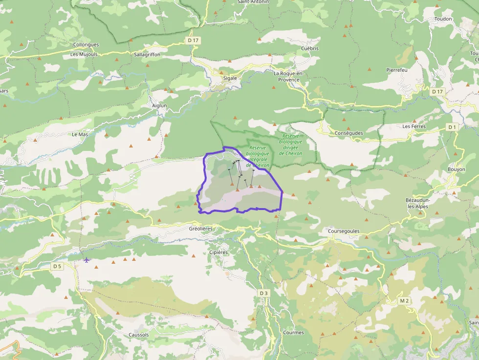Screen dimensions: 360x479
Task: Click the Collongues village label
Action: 86,44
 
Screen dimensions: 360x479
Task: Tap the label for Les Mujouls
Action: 84,54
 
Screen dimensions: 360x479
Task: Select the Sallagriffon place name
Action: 147,55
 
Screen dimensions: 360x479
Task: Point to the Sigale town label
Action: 230,78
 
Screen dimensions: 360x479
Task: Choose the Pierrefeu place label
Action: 397,70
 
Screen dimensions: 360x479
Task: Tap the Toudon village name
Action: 443,19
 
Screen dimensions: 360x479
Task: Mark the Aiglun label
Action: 159,106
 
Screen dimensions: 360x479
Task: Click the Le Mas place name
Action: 80,134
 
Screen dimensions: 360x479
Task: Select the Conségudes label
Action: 349,133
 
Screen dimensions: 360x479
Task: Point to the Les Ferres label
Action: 414,126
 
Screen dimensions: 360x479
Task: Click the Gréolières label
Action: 200,229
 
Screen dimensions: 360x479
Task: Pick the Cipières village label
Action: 218,253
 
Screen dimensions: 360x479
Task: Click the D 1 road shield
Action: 452,127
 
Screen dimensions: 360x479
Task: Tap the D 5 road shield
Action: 58,266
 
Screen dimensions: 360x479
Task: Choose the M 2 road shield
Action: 404,300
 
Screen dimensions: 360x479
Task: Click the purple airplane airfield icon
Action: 87,259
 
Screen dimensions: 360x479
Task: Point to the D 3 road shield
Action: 264,293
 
